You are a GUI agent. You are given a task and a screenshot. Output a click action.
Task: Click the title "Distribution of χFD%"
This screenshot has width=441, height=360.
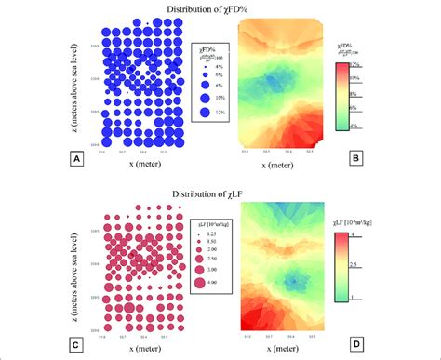point(220,8)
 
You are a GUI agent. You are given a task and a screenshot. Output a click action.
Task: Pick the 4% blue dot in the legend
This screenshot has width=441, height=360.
point(203,68)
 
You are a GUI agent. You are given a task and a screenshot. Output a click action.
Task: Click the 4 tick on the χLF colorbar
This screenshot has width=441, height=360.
point(377,234)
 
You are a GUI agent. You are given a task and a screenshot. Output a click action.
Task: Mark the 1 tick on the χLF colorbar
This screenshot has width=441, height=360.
point(377,299)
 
